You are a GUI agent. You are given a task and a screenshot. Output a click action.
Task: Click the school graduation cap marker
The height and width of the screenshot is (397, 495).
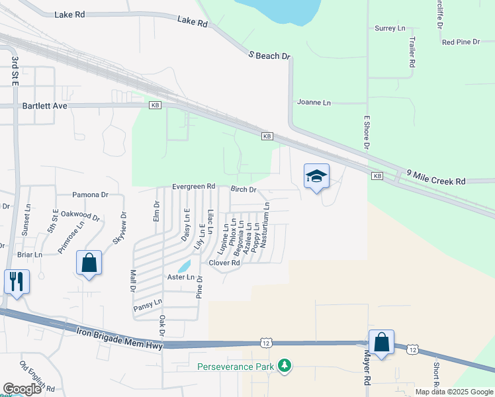click(x=316, y=177)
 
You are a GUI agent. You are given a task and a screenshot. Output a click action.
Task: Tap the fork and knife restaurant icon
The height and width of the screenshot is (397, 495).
click(x=17, y=281)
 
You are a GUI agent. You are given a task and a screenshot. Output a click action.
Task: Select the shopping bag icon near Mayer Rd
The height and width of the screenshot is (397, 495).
click(x=381, y=343)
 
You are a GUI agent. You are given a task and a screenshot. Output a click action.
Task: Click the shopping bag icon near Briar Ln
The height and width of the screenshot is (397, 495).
click(x=89, y=263)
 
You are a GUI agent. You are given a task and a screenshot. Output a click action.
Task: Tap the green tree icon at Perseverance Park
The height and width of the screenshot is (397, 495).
click(x=285, y=365)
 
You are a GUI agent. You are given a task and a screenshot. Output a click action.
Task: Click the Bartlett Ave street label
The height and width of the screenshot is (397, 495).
click(x=44, y=105)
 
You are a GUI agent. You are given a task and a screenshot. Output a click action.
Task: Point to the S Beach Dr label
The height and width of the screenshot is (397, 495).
click(x=269, y=56)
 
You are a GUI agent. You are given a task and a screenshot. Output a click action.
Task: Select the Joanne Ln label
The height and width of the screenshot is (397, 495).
click(x=314, y=103)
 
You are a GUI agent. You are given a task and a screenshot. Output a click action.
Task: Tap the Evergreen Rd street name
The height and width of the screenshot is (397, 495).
click(x=194, y=187)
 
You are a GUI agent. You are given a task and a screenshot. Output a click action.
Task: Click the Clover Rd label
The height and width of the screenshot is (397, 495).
click(x=224, y=263)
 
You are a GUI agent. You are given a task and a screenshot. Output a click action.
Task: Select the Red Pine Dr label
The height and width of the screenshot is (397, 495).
click(x=461, y=42)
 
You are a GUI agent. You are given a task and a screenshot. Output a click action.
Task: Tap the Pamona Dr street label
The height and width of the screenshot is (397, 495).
click(x=91, y=195)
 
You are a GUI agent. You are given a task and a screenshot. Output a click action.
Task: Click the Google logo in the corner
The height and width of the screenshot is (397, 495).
click(x=22, y=389)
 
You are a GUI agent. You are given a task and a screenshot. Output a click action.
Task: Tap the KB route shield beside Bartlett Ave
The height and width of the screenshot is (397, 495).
click(x=155, y=105)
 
